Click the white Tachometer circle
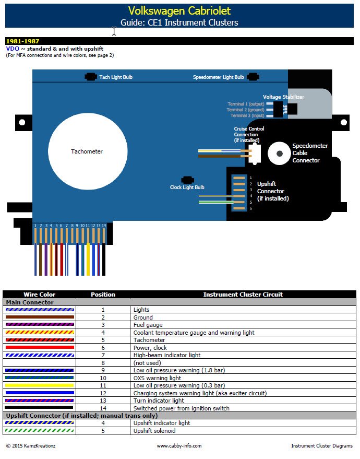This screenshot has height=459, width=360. pyautogui.click(x=88, y=151)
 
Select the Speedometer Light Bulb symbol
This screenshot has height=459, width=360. pyautogui.click(x=254, y=77)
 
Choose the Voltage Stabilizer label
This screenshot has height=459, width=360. pyautogui.click(x=283, y=97)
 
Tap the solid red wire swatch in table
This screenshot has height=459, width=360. pyautogui.click(x=40, y=347)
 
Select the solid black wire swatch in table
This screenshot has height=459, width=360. pyautogui.click(x=40, y=408)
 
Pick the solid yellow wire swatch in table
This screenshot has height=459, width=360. pyautogui.click(x=40, y=385)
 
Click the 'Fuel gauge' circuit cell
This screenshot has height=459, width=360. pyautogui.click(x=148, y=325)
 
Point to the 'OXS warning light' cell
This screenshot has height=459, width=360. pyautogui.click(x=157, y=378)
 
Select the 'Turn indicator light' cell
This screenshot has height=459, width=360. pyautogui.click(x=159, y=401)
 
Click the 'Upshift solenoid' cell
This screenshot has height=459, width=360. pyautogui.click(x=154, y=431)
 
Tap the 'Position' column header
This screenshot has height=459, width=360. pyautogui.click(x=103, y=295)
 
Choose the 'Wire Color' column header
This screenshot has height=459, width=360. pyautogui.click(x=39, y=295)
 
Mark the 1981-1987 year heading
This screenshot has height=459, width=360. pyautogui.click(x=22, y=41)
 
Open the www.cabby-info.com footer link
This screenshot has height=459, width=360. pyautogui.click(x=179, y=446)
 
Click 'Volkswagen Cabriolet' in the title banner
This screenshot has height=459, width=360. pyautogui.click(x=179, y=11)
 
